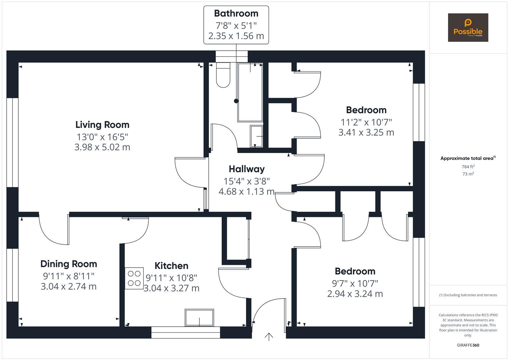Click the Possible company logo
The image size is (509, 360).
tap(468, 28)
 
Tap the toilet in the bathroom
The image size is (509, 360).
tap(223, 75)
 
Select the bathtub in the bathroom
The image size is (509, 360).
tap(250, 92)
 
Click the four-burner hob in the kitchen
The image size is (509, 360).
tap(134, 278)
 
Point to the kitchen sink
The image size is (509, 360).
tap(199, 318)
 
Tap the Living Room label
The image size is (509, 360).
tap(102, 125)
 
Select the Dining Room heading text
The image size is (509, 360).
tap(69, 264)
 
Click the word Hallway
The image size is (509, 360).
tap(247, 169)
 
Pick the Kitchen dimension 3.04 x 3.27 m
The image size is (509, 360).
tap(171, 288)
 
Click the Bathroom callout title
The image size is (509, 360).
tap(236, 13)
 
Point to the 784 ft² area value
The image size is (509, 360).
tap(468, 167)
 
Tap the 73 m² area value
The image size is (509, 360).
tap(468, 174)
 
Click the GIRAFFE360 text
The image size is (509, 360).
tap(468, 345)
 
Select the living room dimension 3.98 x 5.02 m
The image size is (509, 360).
tap(102, 147)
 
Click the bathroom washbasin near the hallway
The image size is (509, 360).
tap(256, 136)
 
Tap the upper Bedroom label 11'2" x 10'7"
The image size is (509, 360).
tap(366, 122)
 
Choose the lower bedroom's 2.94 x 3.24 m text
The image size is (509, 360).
tap(355, 294)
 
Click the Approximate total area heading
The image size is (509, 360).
tap(468, 158)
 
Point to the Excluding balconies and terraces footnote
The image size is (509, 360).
tap(468, 295)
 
